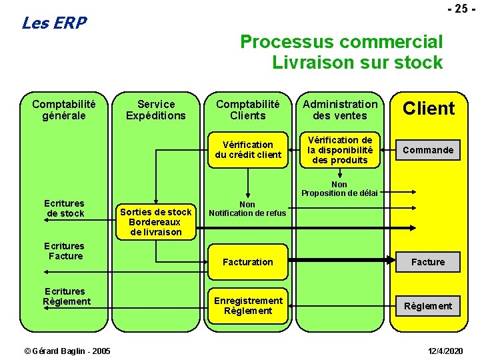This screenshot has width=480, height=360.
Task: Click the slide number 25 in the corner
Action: (x=458, y=9)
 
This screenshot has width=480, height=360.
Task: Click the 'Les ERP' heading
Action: (x=54, y=23)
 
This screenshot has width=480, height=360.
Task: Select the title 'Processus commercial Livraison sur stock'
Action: (x=341, y=52)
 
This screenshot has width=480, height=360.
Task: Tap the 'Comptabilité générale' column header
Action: (x=64, y=110)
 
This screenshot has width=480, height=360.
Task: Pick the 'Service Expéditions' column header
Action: (x=156, y=110)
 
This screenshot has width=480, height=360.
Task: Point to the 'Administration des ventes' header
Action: (x=340, y=110)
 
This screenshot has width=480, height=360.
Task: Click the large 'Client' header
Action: (x=429, y=109)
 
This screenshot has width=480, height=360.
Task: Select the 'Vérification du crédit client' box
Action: (x=248, y=150)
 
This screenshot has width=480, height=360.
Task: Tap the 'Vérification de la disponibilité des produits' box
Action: (x=340, y=150)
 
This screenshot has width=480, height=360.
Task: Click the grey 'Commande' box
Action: (x=427, y=150)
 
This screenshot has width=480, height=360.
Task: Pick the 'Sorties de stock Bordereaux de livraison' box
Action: (x=156, y=222)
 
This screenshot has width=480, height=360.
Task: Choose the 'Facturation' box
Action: (x=248, y=262)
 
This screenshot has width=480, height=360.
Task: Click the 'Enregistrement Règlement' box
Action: (x=248, y=306)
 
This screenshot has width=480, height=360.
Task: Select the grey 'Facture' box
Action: (x=427, y=262)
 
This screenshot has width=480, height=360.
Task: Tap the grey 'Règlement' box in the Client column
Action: (x=427, y=306)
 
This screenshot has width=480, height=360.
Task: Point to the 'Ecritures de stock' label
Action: (x=65, y=208)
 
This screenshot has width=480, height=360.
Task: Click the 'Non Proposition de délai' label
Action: (x=339, y=189)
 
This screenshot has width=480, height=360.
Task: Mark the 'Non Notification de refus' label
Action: (x=247, y=209)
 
